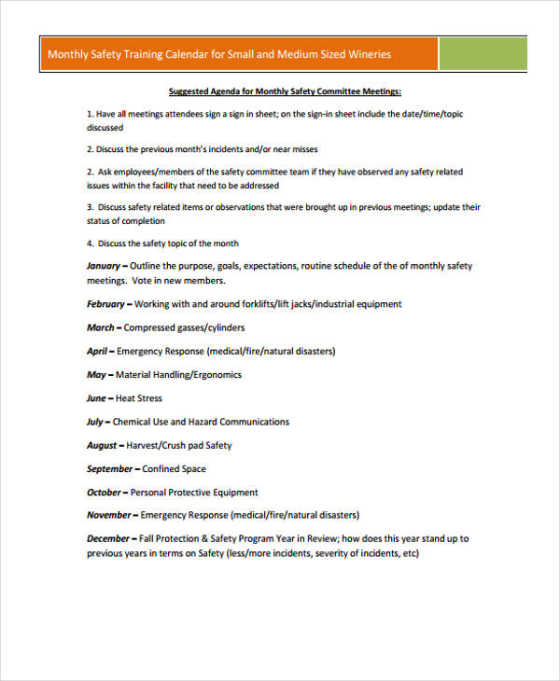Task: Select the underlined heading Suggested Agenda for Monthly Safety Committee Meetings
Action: coord(285,91)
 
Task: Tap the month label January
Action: coord(107,266)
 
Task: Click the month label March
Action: coord(102,327)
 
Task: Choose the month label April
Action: coord(99,352)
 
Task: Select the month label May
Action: coord(97,375)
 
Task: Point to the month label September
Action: coord(111,469)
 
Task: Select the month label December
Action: coord(109,539)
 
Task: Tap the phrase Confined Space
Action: coord(175,469)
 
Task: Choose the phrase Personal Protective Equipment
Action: coord(194,493)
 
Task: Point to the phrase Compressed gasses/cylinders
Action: coord(185,327)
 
